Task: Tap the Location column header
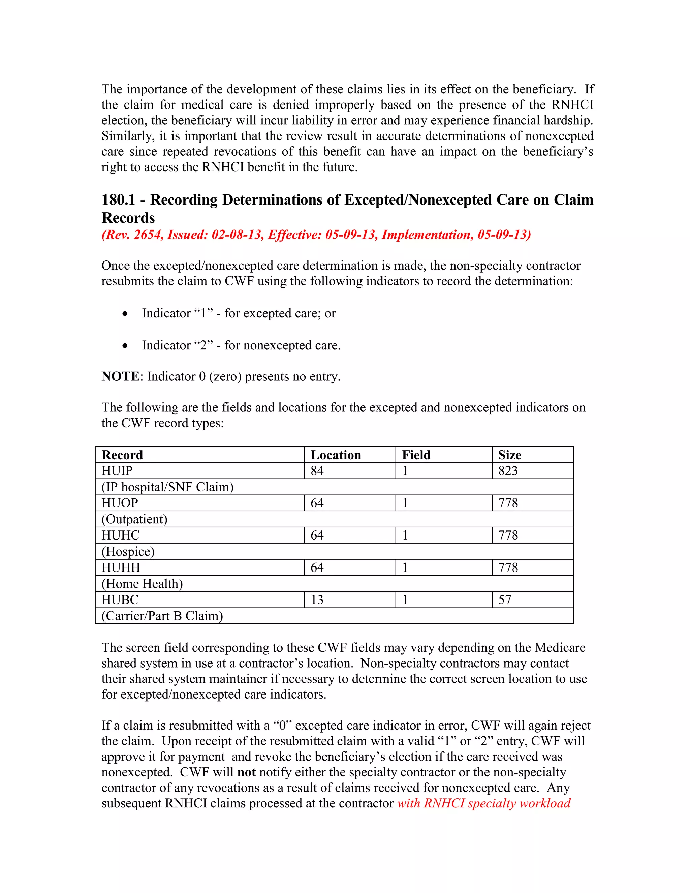tap(336, 455)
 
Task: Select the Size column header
tap(509, 455)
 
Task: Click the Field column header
tap(416, 455)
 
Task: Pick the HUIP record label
tap(117, 471)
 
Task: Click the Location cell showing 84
tap(317, 471)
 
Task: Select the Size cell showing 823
tap(508, 471)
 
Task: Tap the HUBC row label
tap(120, 600)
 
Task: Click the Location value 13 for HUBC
tap(317, 600)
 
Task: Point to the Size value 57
tap(504, 600)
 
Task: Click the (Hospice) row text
tap(128, 552)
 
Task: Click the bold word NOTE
tap(121, 377)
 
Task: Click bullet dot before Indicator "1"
tap(125, 314)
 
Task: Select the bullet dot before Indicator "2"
tap(125, 346)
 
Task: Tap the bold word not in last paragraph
tap(247, 772)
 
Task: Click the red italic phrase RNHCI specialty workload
tap(497, 803)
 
